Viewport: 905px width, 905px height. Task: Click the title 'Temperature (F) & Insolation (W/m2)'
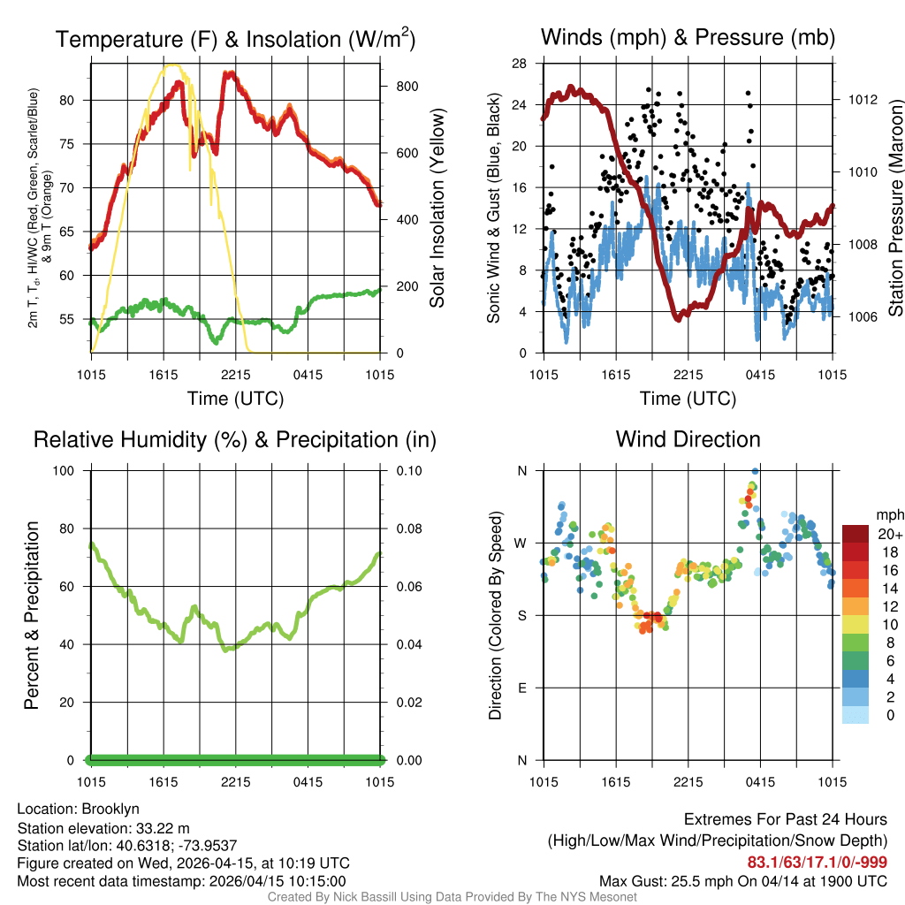(235, 39)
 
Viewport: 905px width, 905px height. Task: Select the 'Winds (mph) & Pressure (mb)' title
(688, 37)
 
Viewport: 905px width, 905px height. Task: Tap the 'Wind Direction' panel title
(688, 439)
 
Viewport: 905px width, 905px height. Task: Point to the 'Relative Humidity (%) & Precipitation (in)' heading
(235, 439)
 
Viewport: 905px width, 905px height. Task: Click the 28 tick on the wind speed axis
(521, 63)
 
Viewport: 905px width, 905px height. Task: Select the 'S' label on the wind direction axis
(521, 615)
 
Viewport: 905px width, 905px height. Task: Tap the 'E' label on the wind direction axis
(521, 688)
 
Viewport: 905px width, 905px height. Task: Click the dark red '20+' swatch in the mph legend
(856, 534)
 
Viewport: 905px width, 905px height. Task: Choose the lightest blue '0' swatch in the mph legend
(856, 715)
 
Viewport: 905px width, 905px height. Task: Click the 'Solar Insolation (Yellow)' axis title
(437, 209)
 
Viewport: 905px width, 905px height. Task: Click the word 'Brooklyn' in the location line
(110, 809)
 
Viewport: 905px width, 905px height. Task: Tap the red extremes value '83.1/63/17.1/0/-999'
(818, 862)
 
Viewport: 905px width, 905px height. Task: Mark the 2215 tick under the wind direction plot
(688, 781)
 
